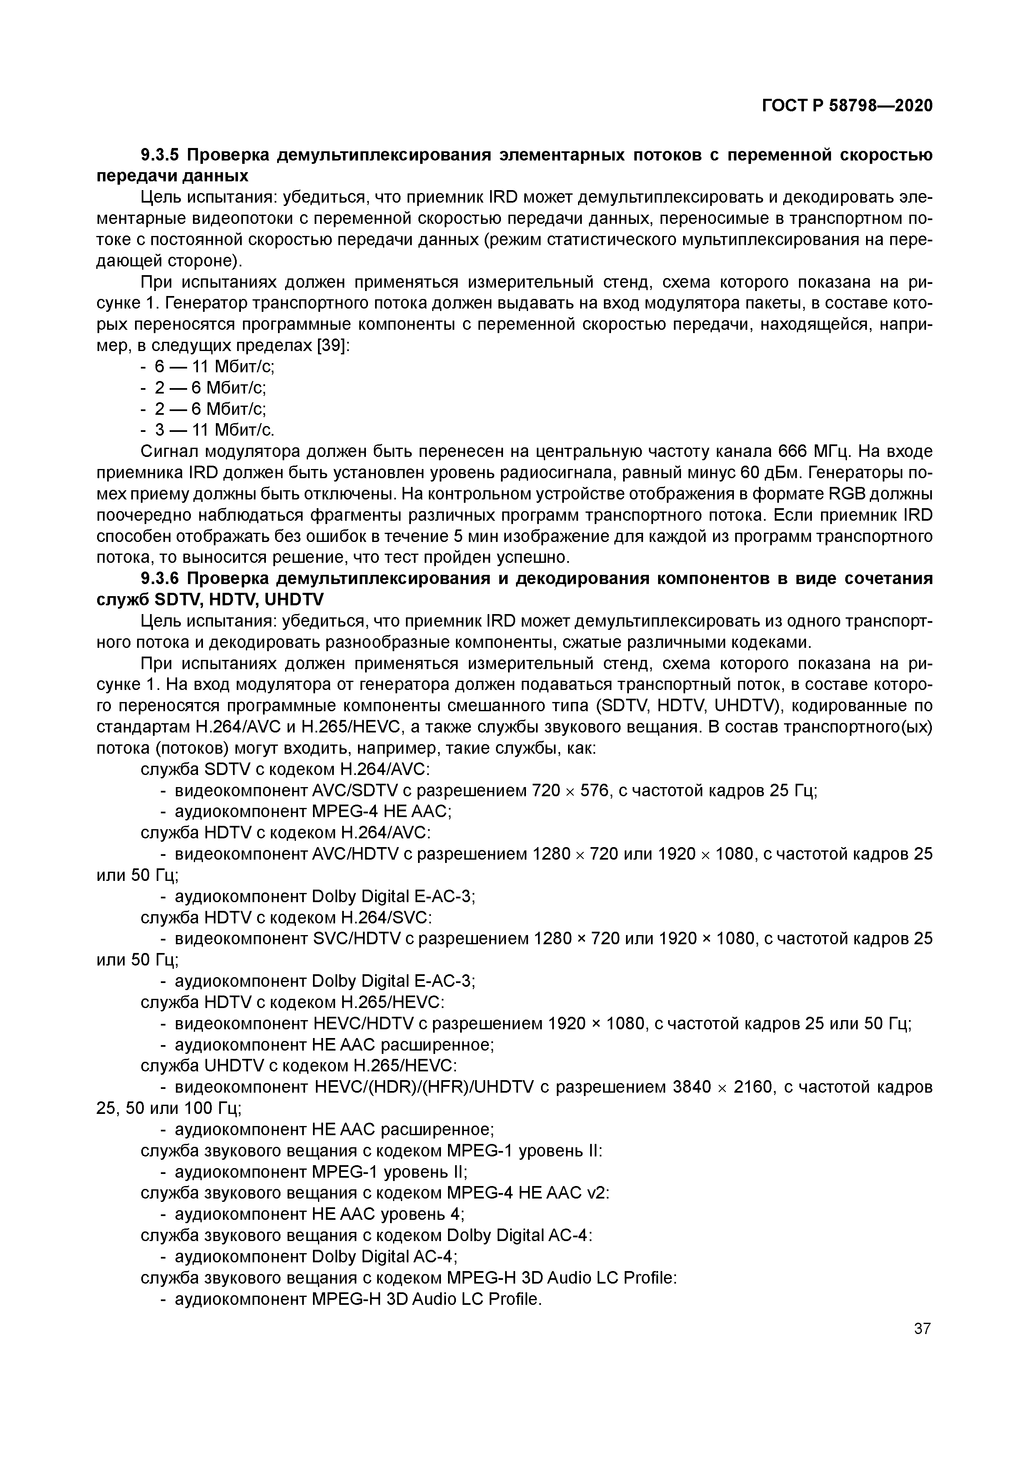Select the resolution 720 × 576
point(571,791)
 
